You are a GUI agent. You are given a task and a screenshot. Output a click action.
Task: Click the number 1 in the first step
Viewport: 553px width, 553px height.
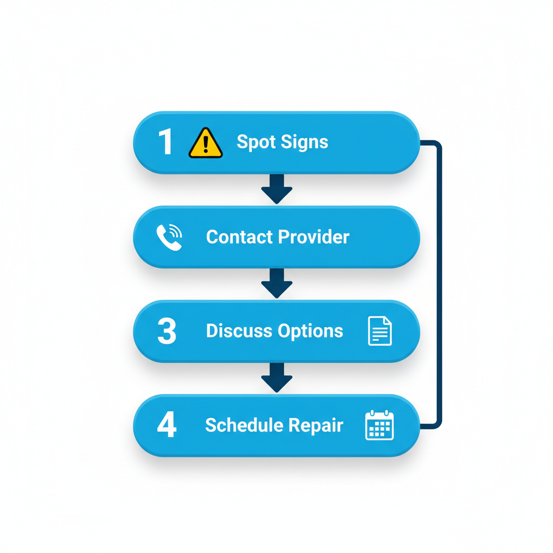click(166, 143)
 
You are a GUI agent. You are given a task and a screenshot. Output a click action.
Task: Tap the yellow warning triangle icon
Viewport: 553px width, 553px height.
click(205, 144)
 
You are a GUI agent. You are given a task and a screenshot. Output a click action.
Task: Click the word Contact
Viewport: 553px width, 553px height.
click(239, 237)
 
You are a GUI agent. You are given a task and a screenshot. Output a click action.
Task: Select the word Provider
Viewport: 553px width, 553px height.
click(314, 237)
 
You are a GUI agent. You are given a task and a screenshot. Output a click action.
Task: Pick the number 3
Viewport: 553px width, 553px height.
click(166, 331)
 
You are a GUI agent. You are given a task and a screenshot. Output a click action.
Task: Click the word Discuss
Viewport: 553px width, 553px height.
click(239, 331)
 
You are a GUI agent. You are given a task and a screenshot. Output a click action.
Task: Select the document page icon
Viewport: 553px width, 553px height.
click(380, 331)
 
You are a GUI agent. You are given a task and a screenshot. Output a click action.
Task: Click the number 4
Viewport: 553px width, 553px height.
click(166, 425)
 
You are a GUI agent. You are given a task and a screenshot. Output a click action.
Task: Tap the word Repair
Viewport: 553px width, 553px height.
click(316, 426)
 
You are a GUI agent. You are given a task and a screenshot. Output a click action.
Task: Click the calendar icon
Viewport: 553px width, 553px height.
click(380, 426)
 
